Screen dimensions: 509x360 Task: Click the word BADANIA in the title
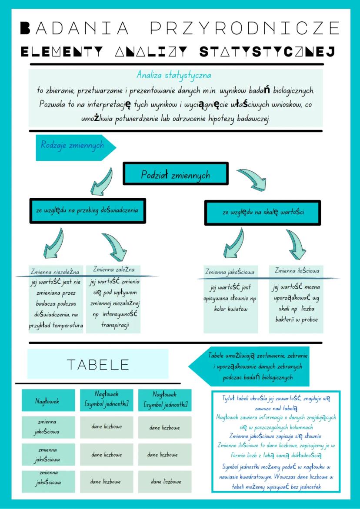pos(75,28)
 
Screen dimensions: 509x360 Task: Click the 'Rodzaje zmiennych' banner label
pos(72,145)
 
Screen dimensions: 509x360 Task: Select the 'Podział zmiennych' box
pos(176,175)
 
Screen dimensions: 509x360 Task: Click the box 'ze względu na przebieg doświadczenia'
pos(87,210)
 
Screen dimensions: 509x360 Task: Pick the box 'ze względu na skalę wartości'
pos(263,213)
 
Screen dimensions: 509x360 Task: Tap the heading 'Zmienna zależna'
pos(110,270)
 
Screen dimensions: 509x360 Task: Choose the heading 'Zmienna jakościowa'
pos(230,272)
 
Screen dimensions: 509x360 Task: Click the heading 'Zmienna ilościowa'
pos(297,271)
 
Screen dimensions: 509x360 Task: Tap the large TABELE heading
pos(98,364)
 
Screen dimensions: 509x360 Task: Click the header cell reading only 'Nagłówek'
pos(47,401)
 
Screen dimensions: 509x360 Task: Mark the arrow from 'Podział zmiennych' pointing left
pos(101,181)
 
